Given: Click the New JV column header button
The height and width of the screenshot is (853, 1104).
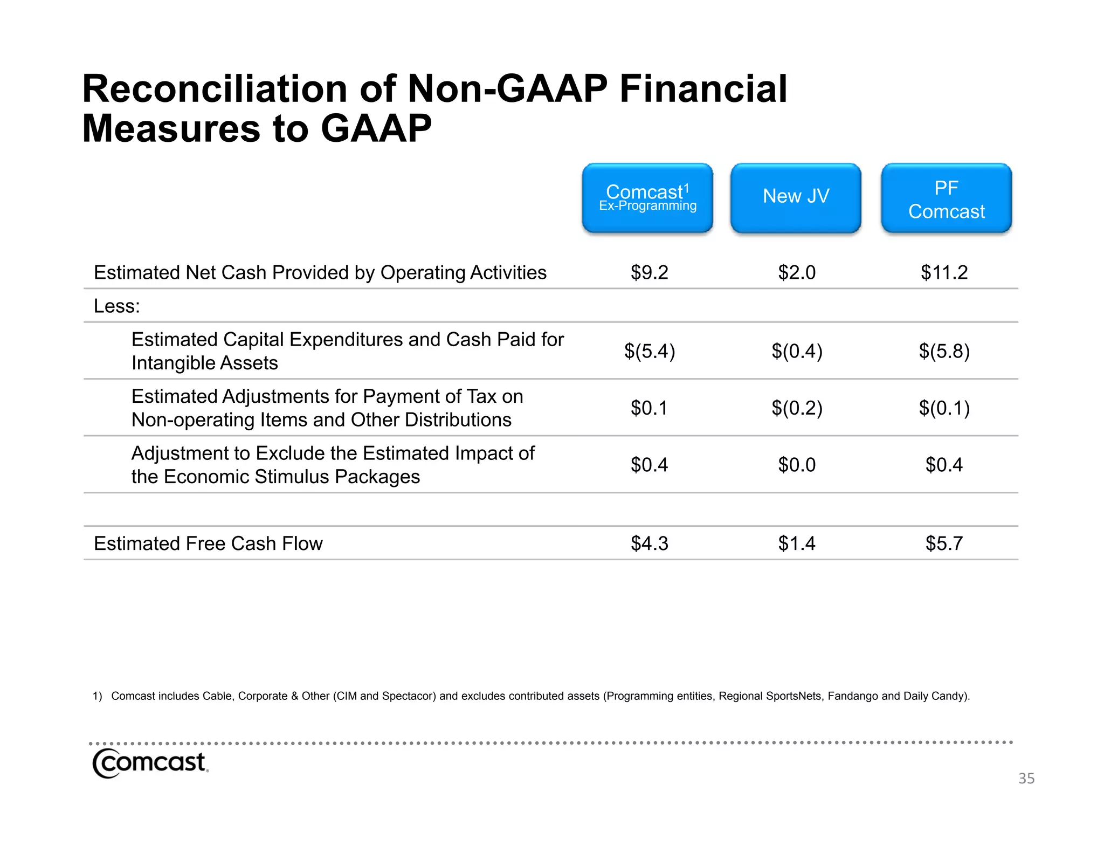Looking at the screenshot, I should pyautogui.click(x=796, y=198).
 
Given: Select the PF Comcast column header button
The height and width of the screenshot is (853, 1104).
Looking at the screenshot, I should pyautogui.click(x=946, y=198).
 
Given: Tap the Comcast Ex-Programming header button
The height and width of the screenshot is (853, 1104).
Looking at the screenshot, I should pyautogui.click(x=647, y=198).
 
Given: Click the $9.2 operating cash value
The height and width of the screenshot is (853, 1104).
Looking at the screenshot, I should pyautogui.click(x=649, y=272).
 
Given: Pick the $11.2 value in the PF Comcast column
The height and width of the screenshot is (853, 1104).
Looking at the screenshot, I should pyautogui.click(x=944, y=272).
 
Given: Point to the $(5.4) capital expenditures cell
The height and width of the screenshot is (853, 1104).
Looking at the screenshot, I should pyautogui.click(x=649, y=351).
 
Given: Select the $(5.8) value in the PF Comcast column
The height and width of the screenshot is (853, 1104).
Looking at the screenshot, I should pyautogui.click(x=944, y=351).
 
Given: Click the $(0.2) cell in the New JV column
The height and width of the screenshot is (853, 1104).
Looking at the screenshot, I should pyautogui.click(x=796, y=408).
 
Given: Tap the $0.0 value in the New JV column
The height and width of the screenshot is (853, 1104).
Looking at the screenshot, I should pyautogui.click(x=796, y=465).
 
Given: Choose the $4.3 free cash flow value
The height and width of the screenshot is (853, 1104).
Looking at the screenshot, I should pyautogui.click(x=649, y=544).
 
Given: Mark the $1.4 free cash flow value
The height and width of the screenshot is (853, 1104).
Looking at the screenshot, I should pyautogui.click(x=796, y=544).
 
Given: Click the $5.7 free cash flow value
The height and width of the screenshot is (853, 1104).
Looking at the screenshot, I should pyautogui.click(x=944, y=544).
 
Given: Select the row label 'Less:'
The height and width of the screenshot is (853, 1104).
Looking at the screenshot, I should pyautogui.click(x=116, y=306).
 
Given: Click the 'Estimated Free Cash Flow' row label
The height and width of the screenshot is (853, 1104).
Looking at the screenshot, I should pyautogui.click(x=208, y=544).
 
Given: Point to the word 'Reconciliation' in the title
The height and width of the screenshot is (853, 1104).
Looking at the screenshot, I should pyautogui.click(x=215, y=89).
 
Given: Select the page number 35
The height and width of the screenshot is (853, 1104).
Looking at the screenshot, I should pyautogui.click(x=1026, y=779).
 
